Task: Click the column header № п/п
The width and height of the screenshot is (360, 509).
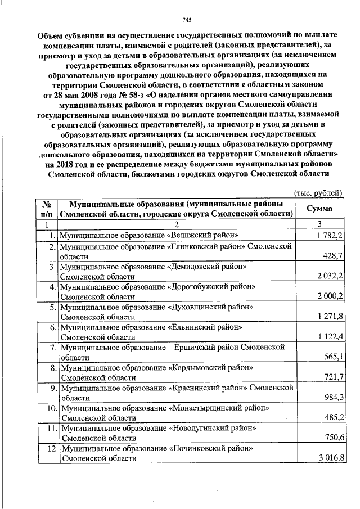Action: [47, 209]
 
